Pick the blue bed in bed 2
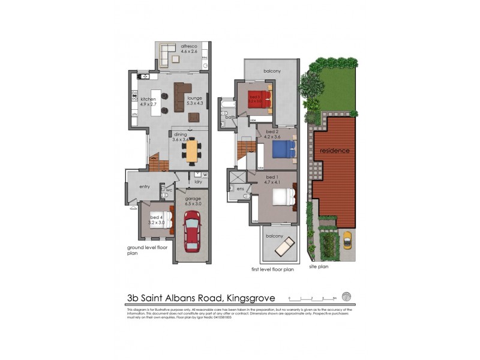[x=284, y=149]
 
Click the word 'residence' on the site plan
[x=334, y=151]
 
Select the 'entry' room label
[x=145, y=187]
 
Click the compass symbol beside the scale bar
[x=346, y=296]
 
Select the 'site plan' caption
[x=319, y=266]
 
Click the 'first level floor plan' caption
[x=272, y=270]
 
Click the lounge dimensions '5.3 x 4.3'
[x=195, y=104]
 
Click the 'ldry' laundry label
[x=198, y=182]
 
